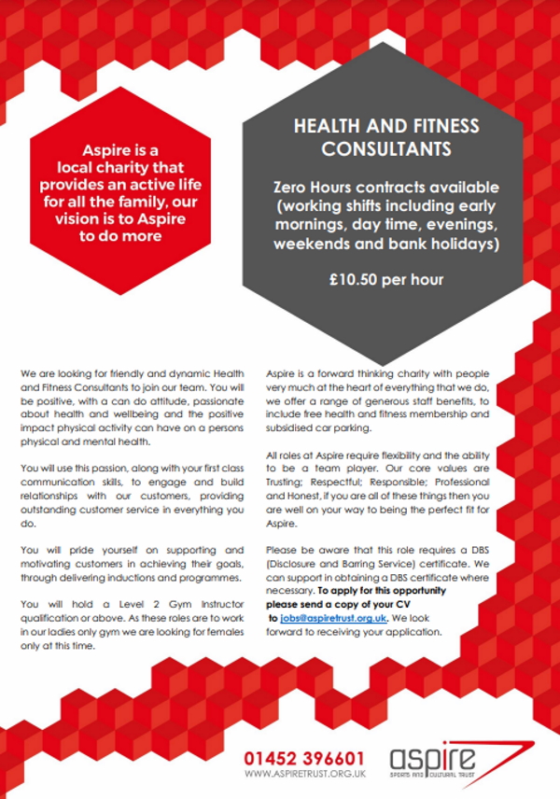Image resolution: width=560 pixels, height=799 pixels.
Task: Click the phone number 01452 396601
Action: point(304,759)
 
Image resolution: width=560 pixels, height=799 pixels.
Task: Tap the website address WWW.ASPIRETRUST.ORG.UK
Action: point(304,774)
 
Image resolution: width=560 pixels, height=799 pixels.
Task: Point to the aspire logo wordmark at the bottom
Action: point(433,757)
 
